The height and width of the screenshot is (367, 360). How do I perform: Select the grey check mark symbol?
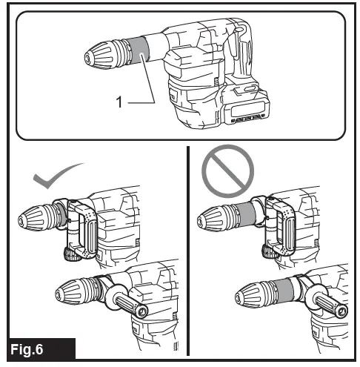point(58,177)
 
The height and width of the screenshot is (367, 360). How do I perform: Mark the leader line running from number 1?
point(148,87)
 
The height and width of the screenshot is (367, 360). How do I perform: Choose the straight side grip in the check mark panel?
point(123,304)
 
